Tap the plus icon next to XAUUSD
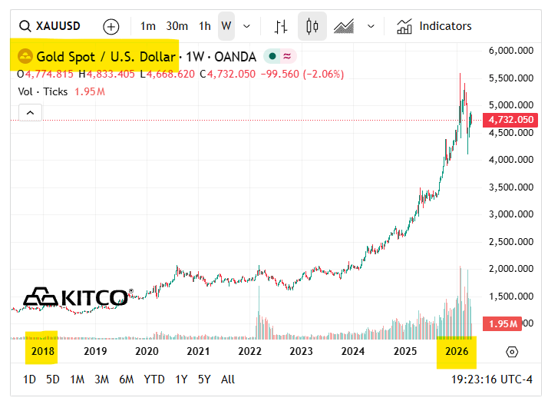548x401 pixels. click(x=111, y=26)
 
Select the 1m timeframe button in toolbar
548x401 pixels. click(x=148, y=26)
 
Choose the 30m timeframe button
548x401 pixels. click(x=177, y=26)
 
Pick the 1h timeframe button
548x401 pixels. click(x=205, y=26)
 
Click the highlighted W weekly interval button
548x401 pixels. click(x=226, y=26)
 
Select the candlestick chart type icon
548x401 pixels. click(x=312, y=26)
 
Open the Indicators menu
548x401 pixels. click(x=434, y=26)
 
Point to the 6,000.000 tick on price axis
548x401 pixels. click(x=510, y=51)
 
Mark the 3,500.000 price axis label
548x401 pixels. click(x=510, y=187)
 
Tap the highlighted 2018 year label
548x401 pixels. click(x=42, y=351)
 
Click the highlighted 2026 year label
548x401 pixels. click(x=457, y=351)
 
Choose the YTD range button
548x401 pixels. click(x=154, y=379)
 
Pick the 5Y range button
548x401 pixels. click(x=203, y=379)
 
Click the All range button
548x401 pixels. click(x=228, y=379)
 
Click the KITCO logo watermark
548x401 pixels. click(x=77, y=297)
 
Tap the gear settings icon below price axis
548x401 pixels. click(x=512, y=351)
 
